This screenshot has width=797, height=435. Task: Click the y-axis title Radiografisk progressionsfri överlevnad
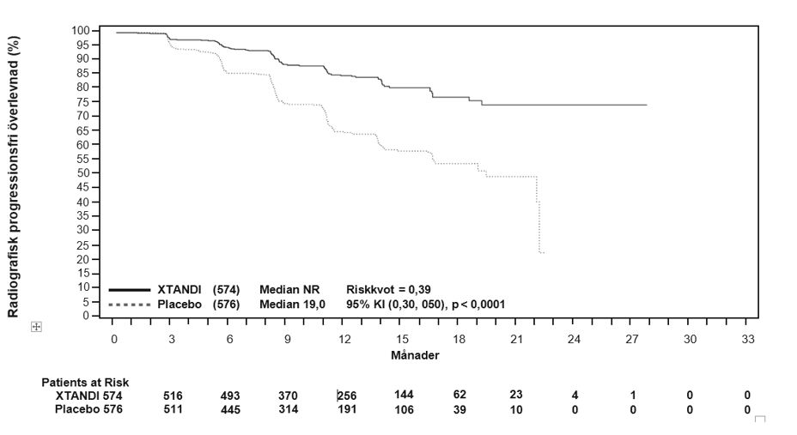(x=14, y=177)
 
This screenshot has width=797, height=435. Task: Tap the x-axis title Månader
(x=415, y=355)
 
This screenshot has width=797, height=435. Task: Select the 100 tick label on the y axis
(x=81, y=31)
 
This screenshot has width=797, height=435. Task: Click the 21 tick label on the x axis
(x=516, y=339)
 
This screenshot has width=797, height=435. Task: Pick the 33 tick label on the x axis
(x=748, y=339)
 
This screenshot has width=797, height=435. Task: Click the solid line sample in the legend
(x=130, y=290)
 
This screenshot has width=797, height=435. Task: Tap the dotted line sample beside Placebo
(x=130, y=305)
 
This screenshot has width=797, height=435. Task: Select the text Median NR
(x=289, y=290)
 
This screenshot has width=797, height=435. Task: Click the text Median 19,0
(x=292, y=305)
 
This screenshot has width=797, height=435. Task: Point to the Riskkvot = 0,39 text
(x=388, y=290)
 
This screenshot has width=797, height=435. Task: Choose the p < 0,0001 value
(x=478, y=305)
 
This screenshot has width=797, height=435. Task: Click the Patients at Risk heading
(x=85, y=382)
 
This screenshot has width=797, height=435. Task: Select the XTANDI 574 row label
(x=89, y=396)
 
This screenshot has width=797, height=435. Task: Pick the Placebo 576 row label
(x=88, y=409)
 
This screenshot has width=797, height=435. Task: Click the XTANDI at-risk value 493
(x=230, y=396)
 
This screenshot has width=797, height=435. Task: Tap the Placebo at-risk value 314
(x=289, y=409)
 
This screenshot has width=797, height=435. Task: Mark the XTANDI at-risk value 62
(x=459, y=395)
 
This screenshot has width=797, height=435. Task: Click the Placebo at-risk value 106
(x=405, y=409)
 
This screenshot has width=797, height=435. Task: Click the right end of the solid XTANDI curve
(x=647, y=105)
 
